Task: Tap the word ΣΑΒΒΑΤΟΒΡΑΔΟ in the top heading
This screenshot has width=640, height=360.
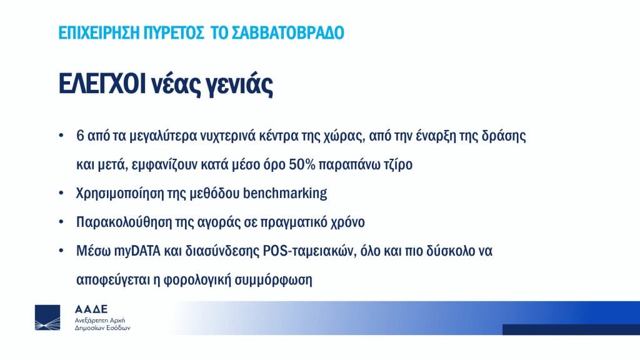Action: coord(287,32)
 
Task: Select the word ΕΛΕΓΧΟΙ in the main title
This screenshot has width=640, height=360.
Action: coord(102,84)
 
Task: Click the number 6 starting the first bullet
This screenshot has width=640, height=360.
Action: coord(80,136)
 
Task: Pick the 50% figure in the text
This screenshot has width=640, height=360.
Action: coord(302,164)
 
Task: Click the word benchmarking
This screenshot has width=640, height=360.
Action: coord(285,193)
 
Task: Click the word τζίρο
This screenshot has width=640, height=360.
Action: coord(397,165)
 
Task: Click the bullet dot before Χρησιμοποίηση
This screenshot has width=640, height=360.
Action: coord(61,192)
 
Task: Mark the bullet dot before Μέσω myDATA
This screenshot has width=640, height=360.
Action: coord(61,250)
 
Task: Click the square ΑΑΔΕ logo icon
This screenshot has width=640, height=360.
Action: coord(47,317)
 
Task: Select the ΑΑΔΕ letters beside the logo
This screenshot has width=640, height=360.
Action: coord(91,309)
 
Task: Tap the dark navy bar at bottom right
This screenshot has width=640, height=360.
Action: coord(571,330)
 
